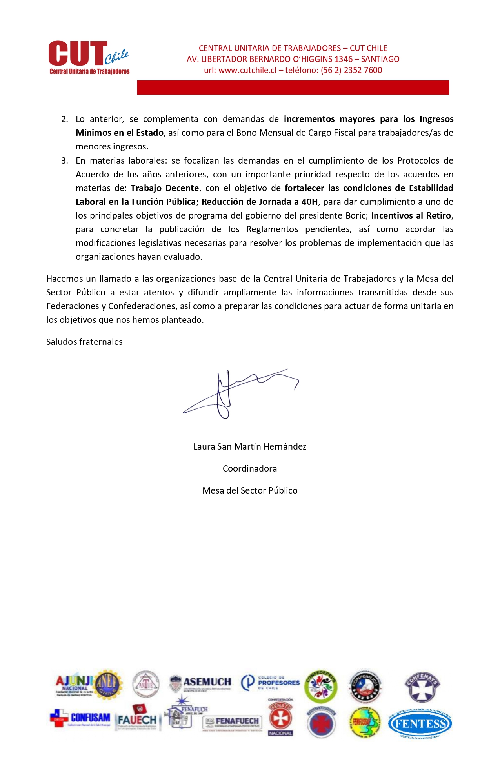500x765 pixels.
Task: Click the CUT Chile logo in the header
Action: pos(89,57)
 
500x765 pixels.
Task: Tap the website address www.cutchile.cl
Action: pos(247,70)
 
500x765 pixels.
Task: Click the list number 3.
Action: pos(65,160)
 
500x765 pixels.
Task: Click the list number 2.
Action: pos(65,119)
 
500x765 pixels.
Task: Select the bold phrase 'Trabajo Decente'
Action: pos(165,188)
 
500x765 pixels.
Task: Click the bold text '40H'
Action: pos(310,202)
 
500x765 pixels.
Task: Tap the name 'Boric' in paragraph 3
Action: pos(356,215)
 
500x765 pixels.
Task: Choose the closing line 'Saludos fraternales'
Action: pos(84,342)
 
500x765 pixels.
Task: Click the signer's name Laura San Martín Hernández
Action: pos(250,446)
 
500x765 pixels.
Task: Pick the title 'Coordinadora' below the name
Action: pos(250,468)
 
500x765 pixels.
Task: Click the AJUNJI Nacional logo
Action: pos(74,685)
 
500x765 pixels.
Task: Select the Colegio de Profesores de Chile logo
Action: pos(270,683)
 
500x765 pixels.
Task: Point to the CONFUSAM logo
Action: pos(80,718)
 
